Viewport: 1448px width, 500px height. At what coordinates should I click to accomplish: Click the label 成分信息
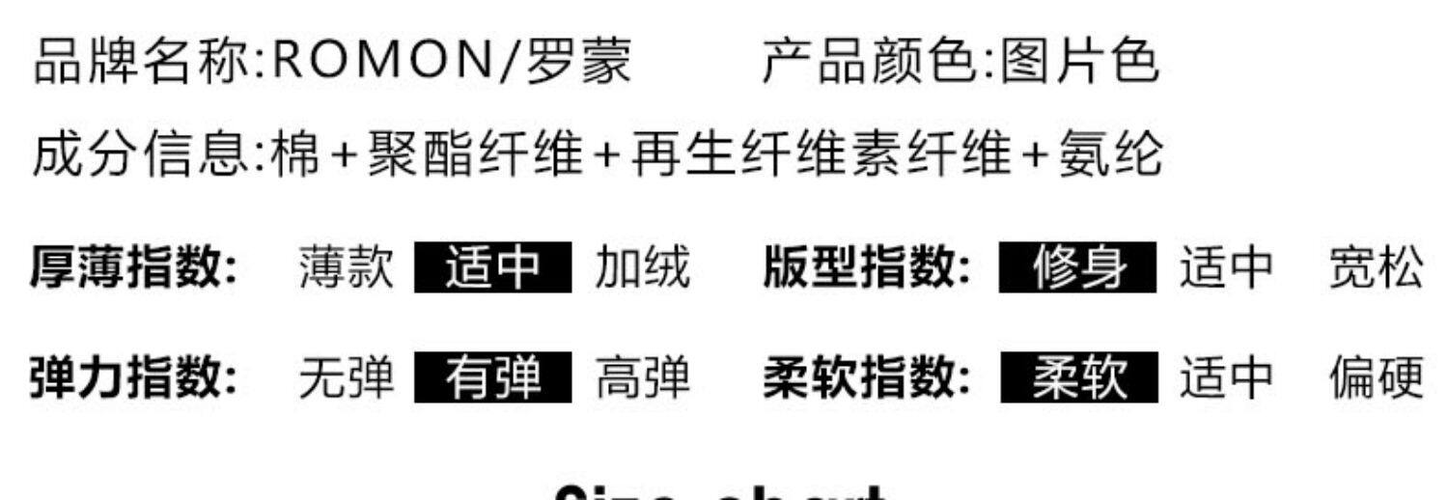tap(141, 154)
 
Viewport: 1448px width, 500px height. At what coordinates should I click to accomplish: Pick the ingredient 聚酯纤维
tap(475, 154)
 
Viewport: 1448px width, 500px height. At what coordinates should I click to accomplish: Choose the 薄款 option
tap(347, 267)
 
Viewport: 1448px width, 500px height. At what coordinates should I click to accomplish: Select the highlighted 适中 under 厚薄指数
tap(492, 267)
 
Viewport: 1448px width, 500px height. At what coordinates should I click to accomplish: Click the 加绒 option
tap(643, 267)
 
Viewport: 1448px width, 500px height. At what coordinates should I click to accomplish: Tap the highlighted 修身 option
tap(1077, 267)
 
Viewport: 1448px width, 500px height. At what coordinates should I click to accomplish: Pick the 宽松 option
tap(1377, 267)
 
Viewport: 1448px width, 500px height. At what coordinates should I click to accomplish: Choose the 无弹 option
tap(347, 377)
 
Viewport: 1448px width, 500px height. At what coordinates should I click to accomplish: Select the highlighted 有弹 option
tap(492, 377)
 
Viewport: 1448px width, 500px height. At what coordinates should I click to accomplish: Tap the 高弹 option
tap(643, 377)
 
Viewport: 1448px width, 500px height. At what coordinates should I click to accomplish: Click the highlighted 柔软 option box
tap(1077, 377)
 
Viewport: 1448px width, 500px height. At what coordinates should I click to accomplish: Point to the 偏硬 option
tap(1377, 377)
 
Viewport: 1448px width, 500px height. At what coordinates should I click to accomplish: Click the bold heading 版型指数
tap(867, 267)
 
